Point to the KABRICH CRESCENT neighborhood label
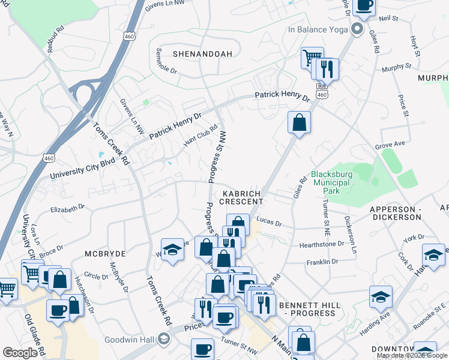pyautogui.click(x=243, y=197)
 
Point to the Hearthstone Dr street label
pyautogui.click(x=322, y=244)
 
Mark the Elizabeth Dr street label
pyautogui.click(x=68, y=209)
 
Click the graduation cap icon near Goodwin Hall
pyautogui.click(x=163, y=340)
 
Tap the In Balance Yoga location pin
pyautogui.click(x=358, y=28)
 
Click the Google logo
pyautogui.click(x=20, y=353)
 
